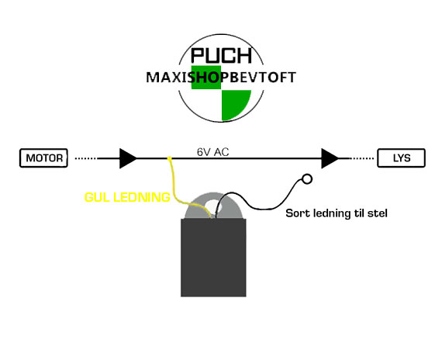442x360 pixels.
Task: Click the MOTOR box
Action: tap(43, 158)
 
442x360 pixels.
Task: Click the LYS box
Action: tap(401, 158)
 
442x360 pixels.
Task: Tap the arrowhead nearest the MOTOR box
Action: tap(128, 158)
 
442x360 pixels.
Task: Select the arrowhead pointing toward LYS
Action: tap(330, 158)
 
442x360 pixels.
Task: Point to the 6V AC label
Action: tap(212, 152)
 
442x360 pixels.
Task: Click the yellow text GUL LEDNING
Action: tap(127, 197)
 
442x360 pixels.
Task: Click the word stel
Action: tap(378, 213)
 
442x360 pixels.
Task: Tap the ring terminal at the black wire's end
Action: tap(307, 179)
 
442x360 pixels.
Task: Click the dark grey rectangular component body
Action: tap(213, 258)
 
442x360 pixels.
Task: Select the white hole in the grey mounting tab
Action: tap(214, 206)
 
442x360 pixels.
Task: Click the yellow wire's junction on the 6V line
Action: tap(169, 158)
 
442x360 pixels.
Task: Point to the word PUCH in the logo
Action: tap(221, 55)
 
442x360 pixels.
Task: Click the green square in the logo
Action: tap(206, 78)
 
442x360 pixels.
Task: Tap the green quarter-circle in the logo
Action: tap(234, 104)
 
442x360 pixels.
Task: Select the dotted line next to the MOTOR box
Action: tap(86, 158)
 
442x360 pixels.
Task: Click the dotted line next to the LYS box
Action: tap(361, 158)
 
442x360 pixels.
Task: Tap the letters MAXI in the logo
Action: tap(167, 78)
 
